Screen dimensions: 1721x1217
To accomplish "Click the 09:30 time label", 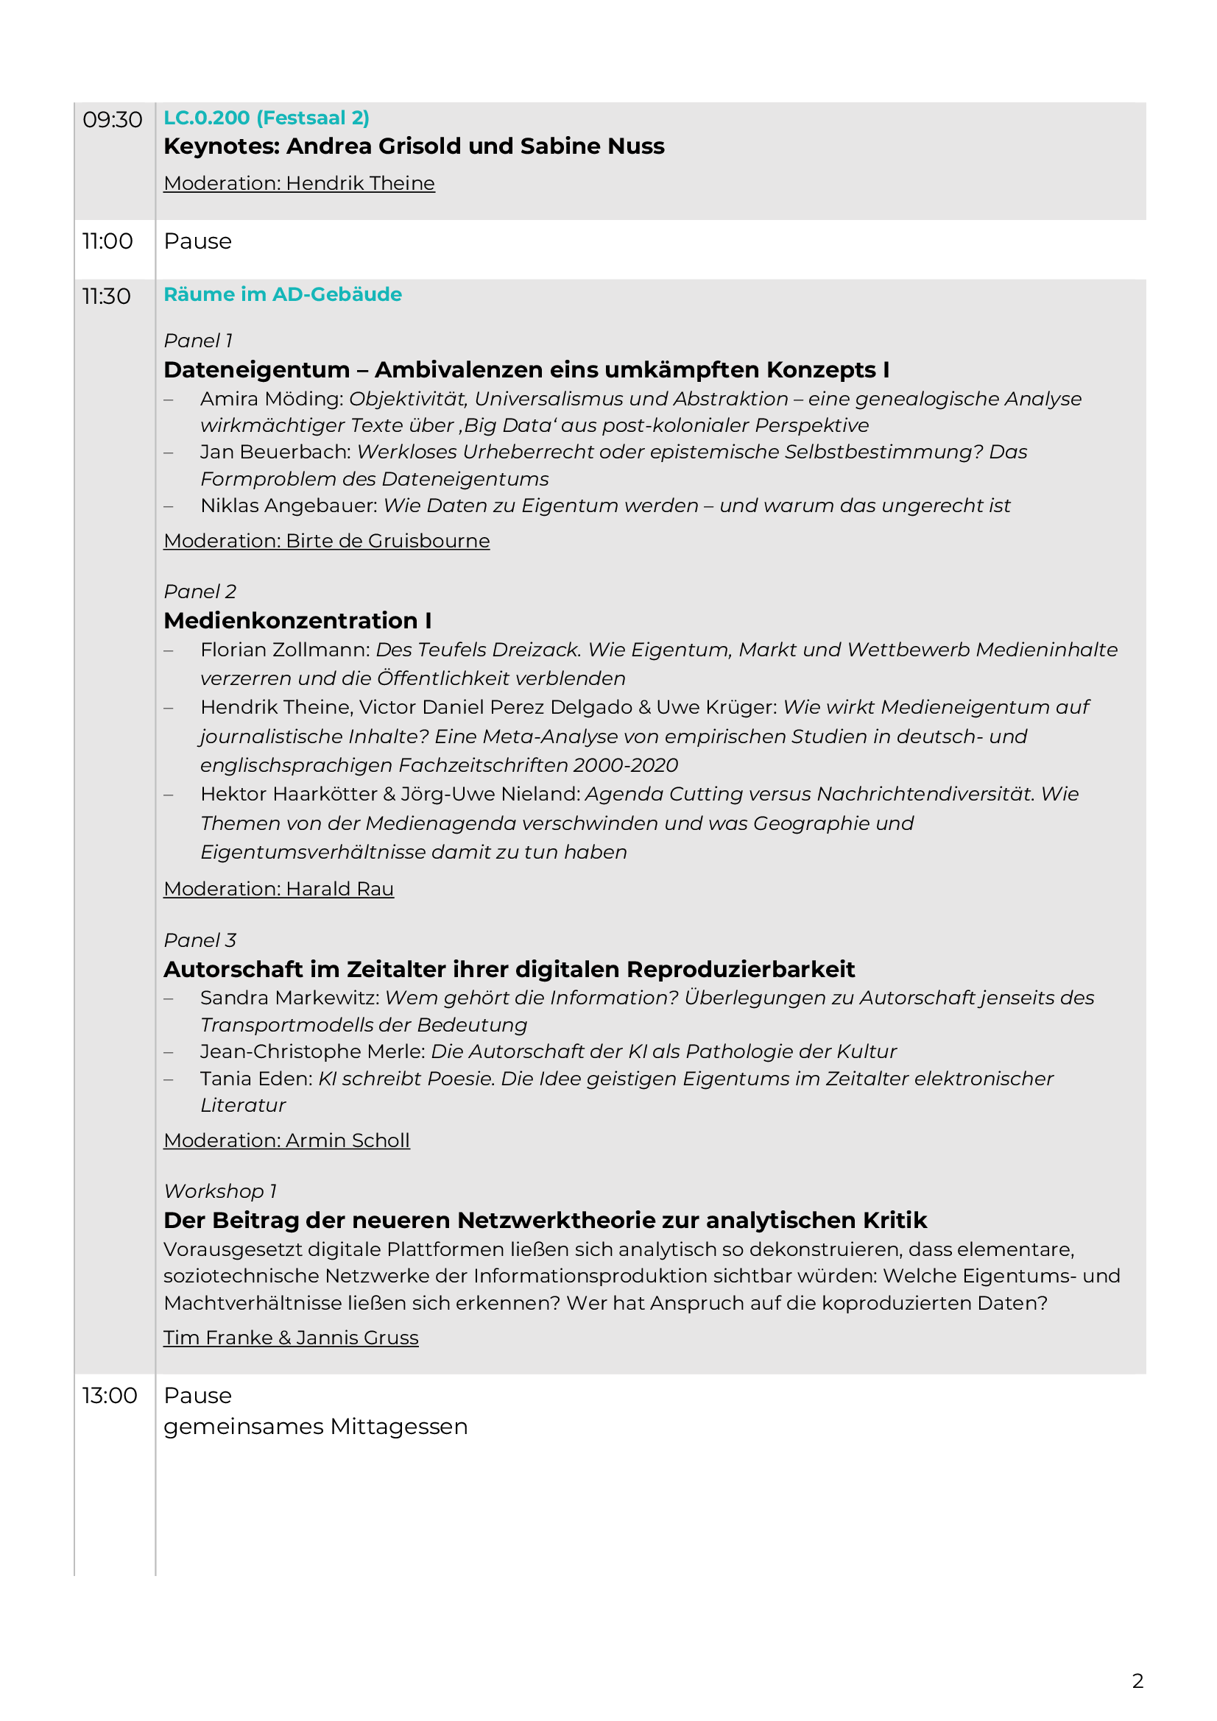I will pos(112,120).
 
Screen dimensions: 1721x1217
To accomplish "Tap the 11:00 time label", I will pos(107,241).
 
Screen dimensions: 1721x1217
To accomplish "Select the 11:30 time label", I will pos(106,297).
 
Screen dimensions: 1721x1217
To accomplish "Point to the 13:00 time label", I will pos(110,1396).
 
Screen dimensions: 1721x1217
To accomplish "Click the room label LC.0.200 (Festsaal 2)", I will pos(267,118).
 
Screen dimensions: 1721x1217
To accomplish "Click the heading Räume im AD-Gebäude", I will pos(283,294).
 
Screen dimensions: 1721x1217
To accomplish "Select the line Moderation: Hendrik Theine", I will pos(299,184).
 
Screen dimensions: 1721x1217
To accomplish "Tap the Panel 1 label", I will pos(198,341).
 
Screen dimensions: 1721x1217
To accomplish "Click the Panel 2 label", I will pos(200,592).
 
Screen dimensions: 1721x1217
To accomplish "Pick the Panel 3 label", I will pos(200,941).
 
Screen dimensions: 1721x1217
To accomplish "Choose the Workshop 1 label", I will pos(220,1192).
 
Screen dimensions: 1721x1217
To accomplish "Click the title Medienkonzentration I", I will pos(297,622).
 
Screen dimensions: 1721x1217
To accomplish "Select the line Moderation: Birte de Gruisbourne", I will pos(326,542).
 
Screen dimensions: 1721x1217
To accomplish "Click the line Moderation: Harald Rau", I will pos(278,889).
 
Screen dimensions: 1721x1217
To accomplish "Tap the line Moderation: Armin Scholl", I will pos(286,1141).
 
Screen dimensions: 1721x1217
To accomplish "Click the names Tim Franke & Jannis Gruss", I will pos(291,1338).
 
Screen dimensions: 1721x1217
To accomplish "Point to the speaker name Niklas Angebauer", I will pos(288,506).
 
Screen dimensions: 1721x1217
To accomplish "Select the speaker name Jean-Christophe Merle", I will pos(312,1051).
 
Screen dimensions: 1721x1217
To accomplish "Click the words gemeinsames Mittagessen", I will pos(316,1427).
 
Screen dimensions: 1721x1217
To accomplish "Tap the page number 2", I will pos(1137,1681).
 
